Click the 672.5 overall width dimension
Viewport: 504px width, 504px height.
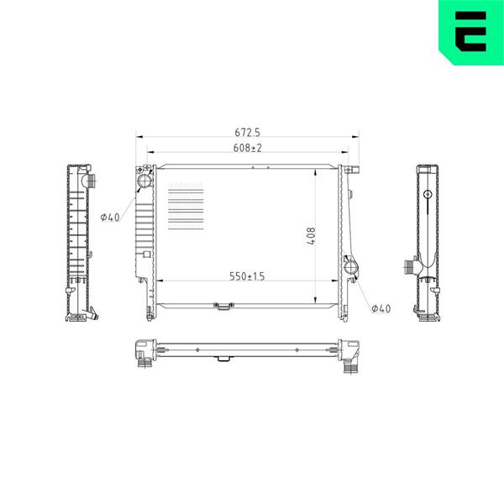pyautogui.click(x=247, y=132)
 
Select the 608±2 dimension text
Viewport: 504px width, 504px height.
pyautogui.click(x=248, y=148)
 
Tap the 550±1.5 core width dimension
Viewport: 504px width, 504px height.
pyautogui.click(x=247, y=276)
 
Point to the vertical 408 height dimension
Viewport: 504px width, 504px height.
pyautogui.click(x=311, y=236)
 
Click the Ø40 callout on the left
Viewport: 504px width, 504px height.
pyautogui.click(x=110, y=218)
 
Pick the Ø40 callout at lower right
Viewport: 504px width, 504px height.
pyautogui.click(x=381, y=308)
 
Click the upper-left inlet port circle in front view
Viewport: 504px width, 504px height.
pyautogui.click(x=144, y=181)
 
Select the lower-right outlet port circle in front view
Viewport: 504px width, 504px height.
pyautogui.click(x=350, y=267)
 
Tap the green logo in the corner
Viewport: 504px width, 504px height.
pyautogui.click(x=471, y=33)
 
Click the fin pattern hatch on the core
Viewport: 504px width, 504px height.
pyautogui.click(x=186, y=206)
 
